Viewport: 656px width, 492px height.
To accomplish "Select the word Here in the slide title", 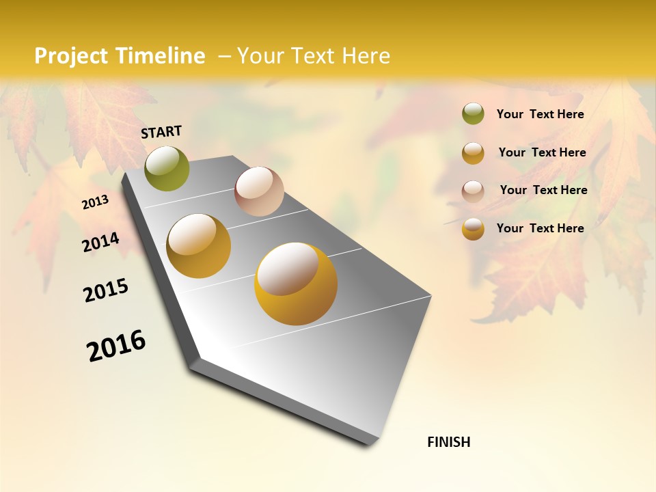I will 366,56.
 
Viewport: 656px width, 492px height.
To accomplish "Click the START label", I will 161,132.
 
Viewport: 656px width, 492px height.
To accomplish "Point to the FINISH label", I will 448,442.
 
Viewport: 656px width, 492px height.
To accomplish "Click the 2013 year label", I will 95,202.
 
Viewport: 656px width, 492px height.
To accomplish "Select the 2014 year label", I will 100,242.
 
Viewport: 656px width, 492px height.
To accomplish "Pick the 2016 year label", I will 116,346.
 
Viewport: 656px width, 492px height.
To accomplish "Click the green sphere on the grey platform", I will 167,168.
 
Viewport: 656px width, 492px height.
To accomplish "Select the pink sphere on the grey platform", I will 259,191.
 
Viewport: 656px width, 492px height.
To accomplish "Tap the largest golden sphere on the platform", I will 296,283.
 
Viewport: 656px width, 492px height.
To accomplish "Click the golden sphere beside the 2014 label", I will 198,246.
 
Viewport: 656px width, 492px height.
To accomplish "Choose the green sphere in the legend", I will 473,114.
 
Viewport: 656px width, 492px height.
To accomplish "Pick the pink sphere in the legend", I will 473,191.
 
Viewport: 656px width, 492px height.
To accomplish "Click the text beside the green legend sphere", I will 540,114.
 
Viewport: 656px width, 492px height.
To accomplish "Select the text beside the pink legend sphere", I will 543,190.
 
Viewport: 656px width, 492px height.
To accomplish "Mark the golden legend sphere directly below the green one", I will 473,153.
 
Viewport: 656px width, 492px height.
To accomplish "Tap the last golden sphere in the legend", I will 473,229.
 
